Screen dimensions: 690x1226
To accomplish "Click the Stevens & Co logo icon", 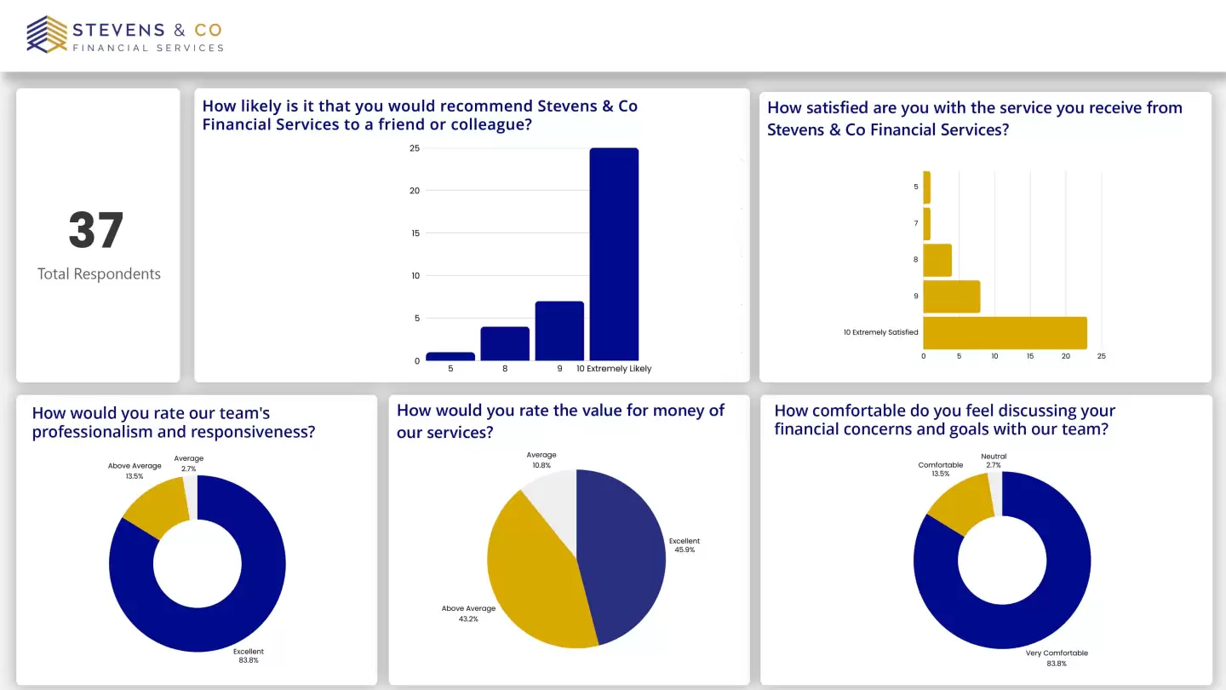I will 47,34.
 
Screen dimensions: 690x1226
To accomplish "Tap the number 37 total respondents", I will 96,230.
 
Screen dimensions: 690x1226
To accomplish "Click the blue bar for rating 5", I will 450,356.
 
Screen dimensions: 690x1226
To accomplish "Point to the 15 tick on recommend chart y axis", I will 415,233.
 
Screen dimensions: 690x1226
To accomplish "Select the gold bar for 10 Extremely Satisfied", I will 1005,333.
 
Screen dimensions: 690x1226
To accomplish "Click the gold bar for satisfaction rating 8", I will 937,260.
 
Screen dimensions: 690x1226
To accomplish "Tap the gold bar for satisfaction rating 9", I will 951,296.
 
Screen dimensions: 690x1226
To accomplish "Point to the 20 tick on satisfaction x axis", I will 1066,356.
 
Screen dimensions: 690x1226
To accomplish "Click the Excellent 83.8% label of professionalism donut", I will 248,655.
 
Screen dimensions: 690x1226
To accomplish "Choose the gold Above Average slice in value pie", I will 532,571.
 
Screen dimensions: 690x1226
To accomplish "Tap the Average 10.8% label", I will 541,460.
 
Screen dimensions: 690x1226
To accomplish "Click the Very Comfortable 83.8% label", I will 1057,658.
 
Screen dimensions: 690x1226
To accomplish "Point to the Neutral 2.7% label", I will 994,461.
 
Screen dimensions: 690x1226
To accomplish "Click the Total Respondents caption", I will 99,274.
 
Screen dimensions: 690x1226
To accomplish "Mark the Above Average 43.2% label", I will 468,613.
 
